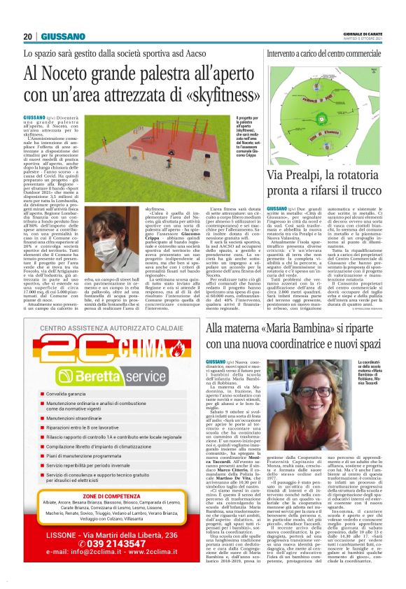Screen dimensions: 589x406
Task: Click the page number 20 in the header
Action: click(27, 36)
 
